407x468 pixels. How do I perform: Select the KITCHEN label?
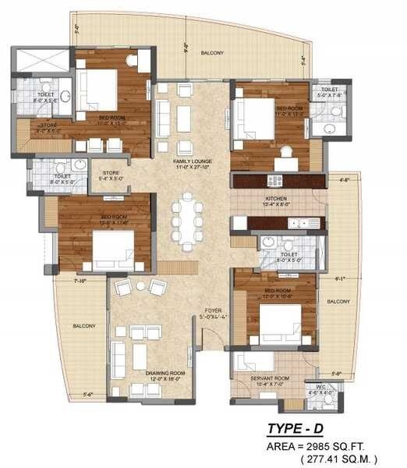[277, 200]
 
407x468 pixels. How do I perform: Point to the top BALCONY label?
[212, 53]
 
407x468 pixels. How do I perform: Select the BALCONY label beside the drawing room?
[83, 325]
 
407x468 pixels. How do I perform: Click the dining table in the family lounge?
[188, 223]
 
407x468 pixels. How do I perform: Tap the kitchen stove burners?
[274, 181]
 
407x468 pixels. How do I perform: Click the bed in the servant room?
[254, 363]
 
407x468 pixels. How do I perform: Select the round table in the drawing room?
[140, 286]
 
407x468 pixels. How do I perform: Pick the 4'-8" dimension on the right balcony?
[345, 180]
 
